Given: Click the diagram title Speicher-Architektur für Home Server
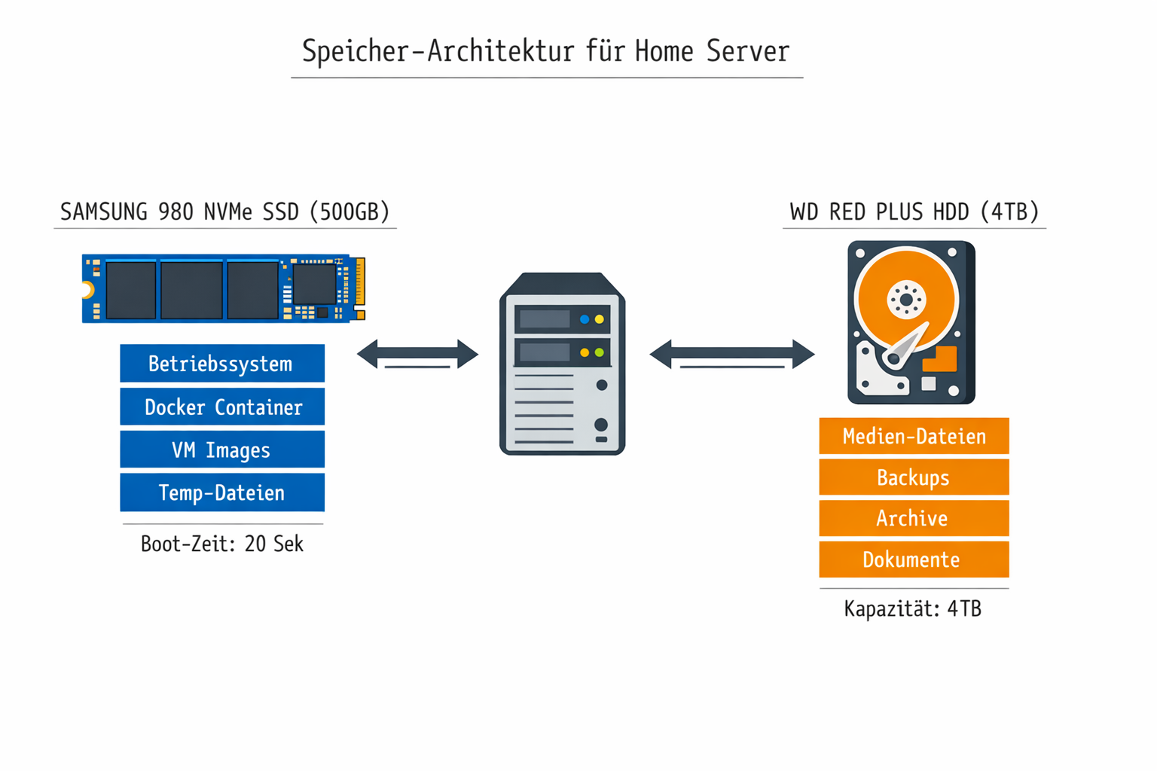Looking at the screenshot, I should pyautogui.click(x=545, y=52).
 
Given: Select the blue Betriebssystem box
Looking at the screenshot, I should pyautogui.click(x=221, y=364).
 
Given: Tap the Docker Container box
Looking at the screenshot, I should pyautogui.click(x=221, y=407).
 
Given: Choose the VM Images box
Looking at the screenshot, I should pyautogui.click(x=221, y=449).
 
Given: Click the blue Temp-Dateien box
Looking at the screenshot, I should pyautogui.click(x=221, y=492).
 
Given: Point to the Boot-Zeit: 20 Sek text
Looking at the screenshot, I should pyautogui.click(x=221, y=544).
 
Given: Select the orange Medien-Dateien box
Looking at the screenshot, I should pyautogui.click(x=913, y=436).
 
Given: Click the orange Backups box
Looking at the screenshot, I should pyautogui.click(x=913, y=477).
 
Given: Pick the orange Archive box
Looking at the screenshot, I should pyautogui.click(x=913, y=518).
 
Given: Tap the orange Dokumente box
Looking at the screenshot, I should pyautogui.click(x=913, y=559).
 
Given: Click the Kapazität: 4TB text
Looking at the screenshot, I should pyautogui.click(x=912, y=608).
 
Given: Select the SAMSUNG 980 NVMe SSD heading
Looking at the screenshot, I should pyautogui.click(x=224, y=212).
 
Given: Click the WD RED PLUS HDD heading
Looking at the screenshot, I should pyautogui.click(x=914, y=212).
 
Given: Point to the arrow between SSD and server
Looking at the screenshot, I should pyautogui.click(x=417, y=353).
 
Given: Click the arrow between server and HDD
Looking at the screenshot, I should pyautogui.click(x=731, y=353).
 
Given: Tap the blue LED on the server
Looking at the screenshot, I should pyautogui.click(x=585, y=319).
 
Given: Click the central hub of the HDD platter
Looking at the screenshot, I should pyautogui.click(x=906, y=300).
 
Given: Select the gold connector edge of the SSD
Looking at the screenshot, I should pyautogui.click(x=360, y=287).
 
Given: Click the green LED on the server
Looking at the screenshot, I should pyautogui.click(x=600, y=352).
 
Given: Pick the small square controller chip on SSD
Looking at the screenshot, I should pyautogui.click(x=313, y=285).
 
